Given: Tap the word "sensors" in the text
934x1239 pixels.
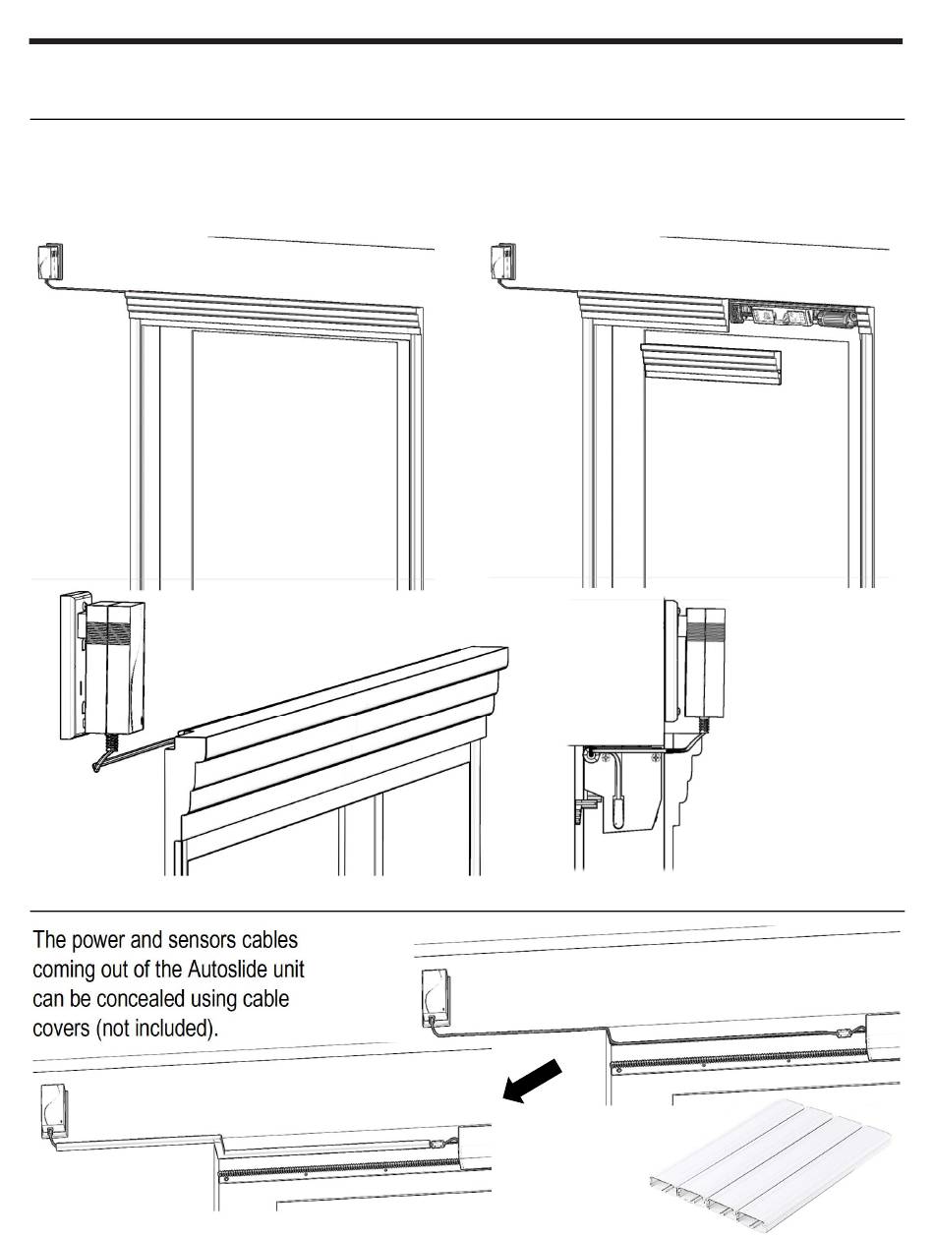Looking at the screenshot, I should click(x=171, y=941).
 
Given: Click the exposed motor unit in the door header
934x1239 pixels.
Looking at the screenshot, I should click(x=796, y=316).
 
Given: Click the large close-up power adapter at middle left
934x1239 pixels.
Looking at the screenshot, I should click(x=97, y=669).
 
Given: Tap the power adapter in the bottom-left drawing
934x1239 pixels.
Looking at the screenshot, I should click(x=54, y=1108).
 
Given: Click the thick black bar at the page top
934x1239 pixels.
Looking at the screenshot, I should click(x=466, y=41).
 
